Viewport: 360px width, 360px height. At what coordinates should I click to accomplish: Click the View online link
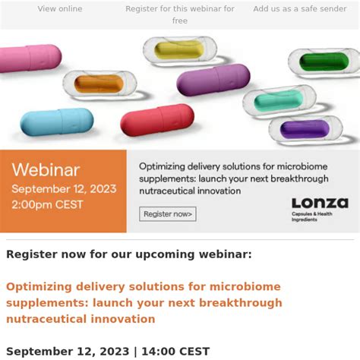pyautogui.click(x=60, y=9)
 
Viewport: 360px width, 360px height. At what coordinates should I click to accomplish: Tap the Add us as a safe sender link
pyautogui.click(x=300, y=9)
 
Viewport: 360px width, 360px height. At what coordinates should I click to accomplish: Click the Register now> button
pyautogui.click(x=168, y=214)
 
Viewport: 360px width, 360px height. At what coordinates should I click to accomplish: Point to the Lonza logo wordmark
pyautogui.click(x=320, y=203)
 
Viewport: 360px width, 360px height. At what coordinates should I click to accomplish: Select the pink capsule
pyautogui.click(x=30, y=58)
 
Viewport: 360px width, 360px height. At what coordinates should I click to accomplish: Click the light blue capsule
pyautogui.click(x=57, y=122)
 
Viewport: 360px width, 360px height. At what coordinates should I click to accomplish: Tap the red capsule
pyautogui.click(x=157, y=120)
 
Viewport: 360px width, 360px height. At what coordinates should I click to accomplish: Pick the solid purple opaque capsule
pyautogui.click(x=213, y=80)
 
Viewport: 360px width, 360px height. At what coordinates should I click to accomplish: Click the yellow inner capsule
pyautogui.click(x=179, y=49)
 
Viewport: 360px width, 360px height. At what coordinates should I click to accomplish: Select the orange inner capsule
pyautogui.click(x=99, y=84)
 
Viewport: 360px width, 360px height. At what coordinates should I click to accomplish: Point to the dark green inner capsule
pyautogui.click(x=324, y=62)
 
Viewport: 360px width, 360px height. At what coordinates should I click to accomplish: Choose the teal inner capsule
pyautogui.click(x=279, y=101)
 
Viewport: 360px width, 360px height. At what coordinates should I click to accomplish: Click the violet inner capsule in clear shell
pyautogui.click(x=305, y=129)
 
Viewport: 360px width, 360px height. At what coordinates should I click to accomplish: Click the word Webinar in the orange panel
pyautogui.click(x=46, y=170)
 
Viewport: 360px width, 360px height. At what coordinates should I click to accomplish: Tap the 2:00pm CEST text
pyautogui.click(x=47, y=205)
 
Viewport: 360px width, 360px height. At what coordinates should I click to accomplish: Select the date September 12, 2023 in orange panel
pyautogui.click(x=64, y=189)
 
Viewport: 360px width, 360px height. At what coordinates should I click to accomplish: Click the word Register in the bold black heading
pyautogui.click(x=32, y=254)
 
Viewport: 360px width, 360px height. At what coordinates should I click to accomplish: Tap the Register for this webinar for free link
pyautogui.click(x=180, y=14)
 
